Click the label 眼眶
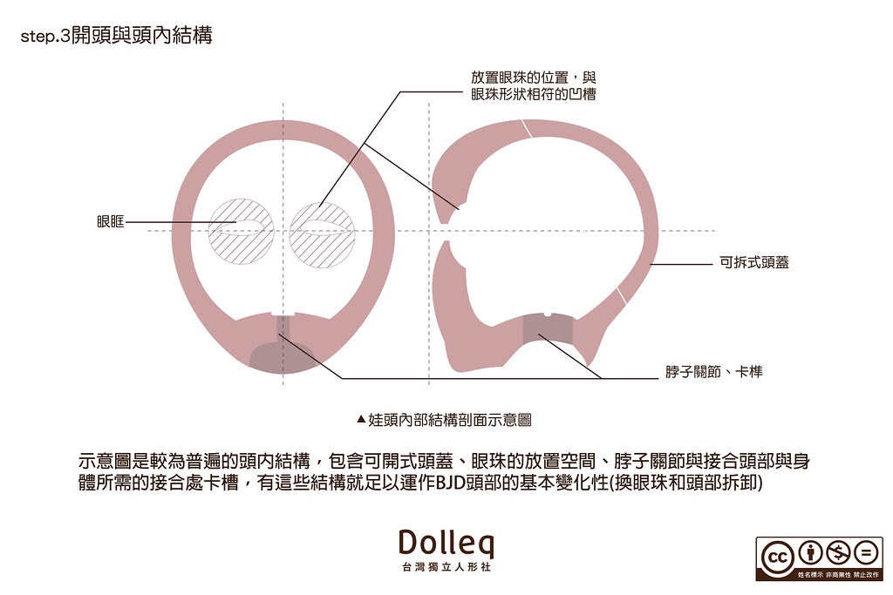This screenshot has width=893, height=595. (110, 222)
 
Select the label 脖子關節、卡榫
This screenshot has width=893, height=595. (714, 373)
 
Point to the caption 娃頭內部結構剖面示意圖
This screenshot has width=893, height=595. (450, 419)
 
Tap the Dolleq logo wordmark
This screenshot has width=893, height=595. (446, 543)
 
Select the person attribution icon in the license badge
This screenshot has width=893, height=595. (810, 552)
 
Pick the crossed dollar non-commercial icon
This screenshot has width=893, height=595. (838, 552)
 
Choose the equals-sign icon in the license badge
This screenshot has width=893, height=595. (866, 552)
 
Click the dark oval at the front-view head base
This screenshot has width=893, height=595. (284, 356)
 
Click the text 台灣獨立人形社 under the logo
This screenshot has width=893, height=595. (446, 568)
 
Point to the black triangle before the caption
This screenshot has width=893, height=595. (361, 419)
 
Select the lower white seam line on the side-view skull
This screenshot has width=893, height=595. (623, 294)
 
